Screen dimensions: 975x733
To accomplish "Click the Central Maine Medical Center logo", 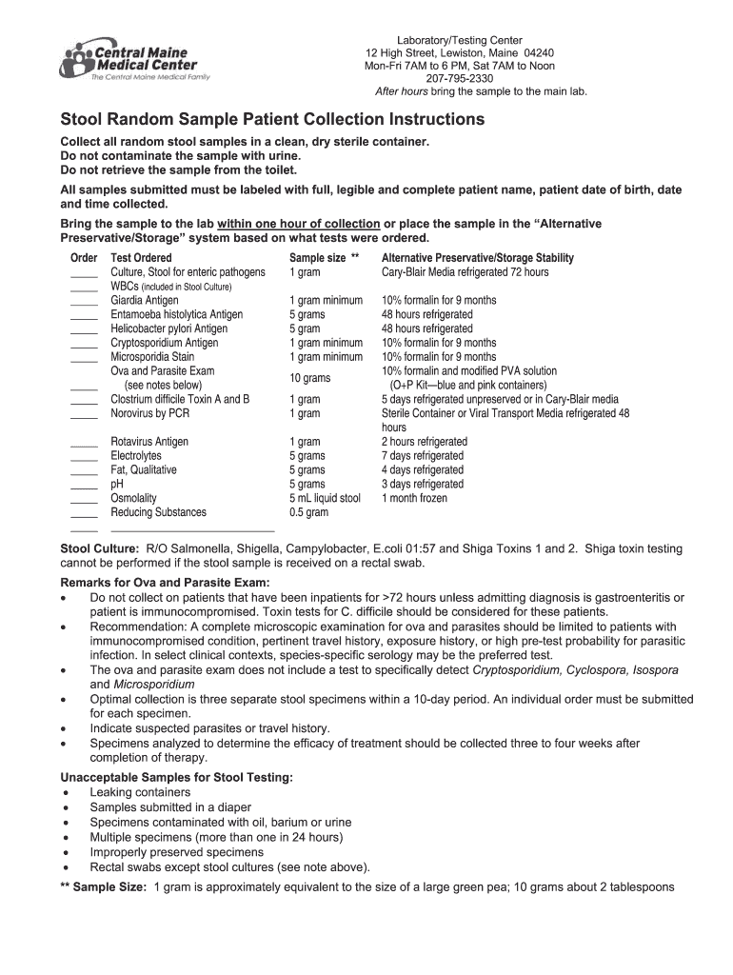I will click(134, 60).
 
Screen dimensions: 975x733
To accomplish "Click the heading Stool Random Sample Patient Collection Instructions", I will click(272, 120).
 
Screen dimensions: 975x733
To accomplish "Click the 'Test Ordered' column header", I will click(141, 258).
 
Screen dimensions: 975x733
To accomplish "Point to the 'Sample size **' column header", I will click(324, 258).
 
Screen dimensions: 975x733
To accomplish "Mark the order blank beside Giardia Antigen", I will click(84, 302).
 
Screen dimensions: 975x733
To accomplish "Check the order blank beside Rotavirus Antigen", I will click(84, 444).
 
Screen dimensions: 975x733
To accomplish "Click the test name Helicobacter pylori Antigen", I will click(168, 328).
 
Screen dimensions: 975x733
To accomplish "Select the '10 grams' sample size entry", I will click(309, 378).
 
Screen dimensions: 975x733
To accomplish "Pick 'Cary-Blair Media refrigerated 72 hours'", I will click(465, 272).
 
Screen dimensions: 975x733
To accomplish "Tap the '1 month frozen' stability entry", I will click(414, 498).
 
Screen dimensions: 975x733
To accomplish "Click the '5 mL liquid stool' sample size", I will click(325, 498).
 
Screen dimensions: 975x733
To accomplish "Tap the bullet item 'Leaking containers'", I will click(140, 792).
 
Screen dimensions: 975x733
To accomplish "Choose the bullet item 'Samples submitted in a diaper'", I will click(170, 807).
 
